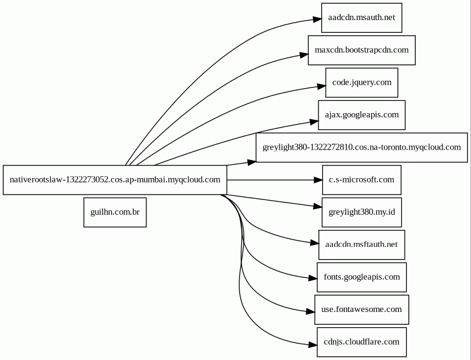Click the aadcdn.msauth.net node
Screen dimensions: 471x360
(x=362, y=18)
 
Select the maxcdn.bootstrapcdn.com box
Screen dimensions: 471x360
(x=362, y=50)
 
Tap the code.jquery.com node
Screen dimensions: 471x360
(x=362, y=83)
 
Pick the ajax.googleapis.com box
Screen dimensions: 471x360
(x=362, y=115)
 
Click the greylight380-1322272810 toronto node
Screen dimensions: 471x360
(x=362, y=148)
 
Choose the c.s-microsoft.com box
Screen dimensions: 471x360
(x=362, y=180)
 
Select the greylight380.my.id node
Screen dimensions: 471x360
(x=362, y=212)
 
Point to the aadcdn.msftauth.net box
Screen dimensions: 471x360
(x=362, y=245)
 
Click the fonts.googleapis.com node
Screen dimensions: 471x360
(x=362, y=277)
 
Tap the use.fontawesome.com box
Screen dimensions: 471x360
(x=362, y=310)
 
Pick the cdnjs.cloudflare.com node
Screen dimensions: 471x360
(x=362, y=342)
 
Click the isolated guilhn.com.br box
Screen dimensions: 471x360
(x=115, y=212)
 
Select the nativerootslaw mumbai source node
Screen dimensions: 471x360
(x=115, y=180)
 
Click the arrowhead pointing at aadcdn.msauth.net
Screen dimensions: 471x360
(x=317, y=19)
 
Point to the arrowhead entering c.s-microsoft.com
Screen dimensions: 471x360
(x=318, y=180)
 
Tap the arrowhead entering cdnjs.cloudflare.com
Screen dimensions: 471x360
(x=313, y=345)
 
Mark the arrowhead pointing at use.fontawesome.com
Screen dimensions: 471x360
(x=311, y=311)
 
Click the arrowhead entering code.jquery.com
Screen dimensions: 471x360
(x=321, y=86)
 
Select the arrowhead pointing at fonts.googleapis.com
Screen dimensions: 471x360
(x=313, y=279)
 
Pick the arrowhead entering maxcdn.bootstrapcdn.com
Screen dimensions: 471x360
(x=304, y=55)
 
